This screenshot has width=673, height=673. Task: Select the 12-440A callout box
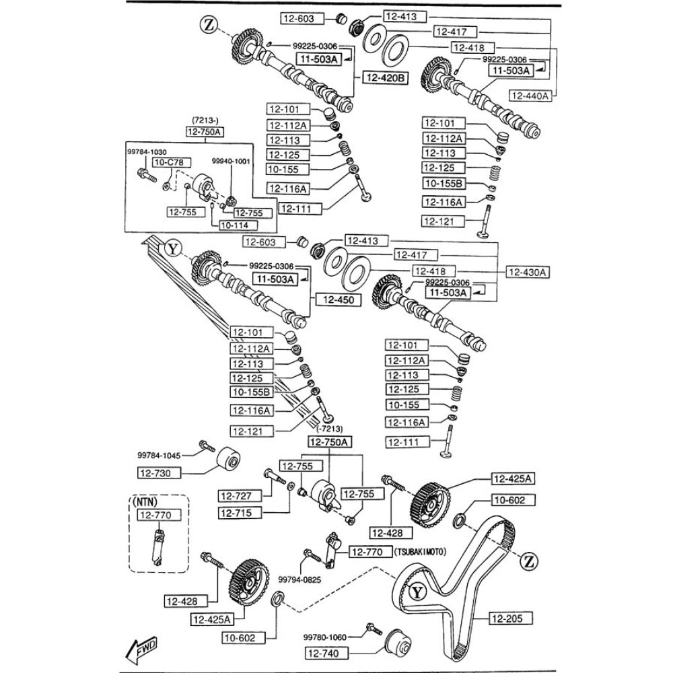[530, 96]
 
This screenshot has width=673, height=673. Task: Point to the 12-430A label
[528, 272]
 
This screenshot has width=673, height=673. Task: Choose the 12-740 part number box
[326, 652]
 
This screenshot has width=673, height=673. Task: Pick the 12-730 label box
[160, 473]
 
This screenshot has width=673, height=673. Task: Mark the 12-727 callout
[236, 496]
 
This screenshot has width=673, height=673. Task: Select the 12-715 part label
[236, 513]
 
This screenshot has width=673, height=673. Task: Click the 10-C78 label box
[171, 162]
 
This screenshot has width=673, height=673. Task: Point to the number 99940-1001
[231, 162]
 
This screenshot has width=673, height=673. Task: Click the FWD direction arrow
[141, 649]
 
